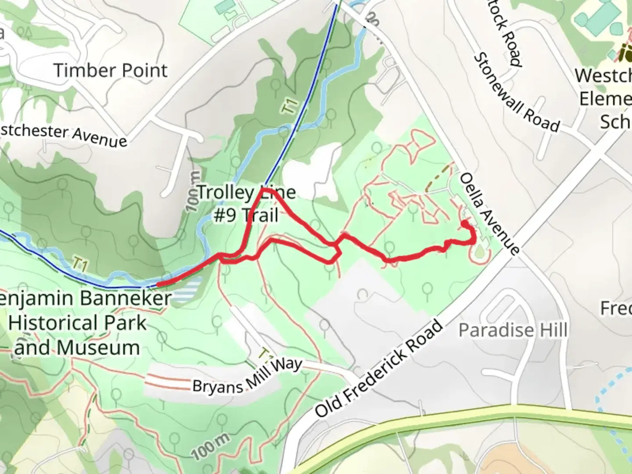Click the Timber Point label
[111, 71]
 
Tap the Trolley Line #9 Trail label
[246, 204]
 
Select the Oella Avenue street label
[490, 214]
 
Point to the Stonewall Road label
[517, 93]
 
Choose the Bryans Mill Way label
[248, 377]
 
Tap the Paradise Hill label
[513, 330]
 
